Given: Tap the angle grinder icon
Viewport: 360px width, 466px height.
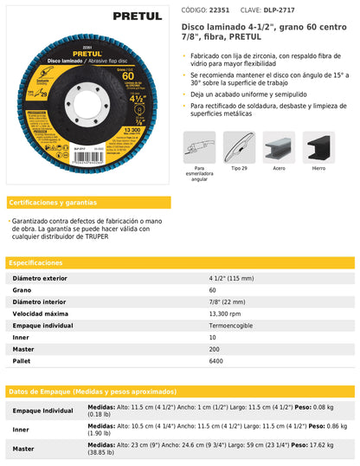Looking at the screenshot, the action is click(199, 147).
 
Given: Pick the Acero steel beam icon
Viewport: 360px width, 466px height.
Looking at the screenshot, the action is click(279, 147).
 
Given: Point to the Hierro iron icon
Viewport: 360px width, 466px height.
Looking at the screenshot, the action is click(318, 147).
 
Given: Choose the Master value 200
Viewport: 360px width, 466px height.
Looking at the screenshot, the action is click(215, 348).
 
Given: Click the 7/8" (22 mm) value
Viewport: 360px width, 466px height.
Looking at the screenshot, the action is click(229, 301).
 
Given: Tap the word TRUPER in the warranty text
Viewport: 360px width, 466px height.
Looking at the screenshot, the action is click(95, 237).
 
